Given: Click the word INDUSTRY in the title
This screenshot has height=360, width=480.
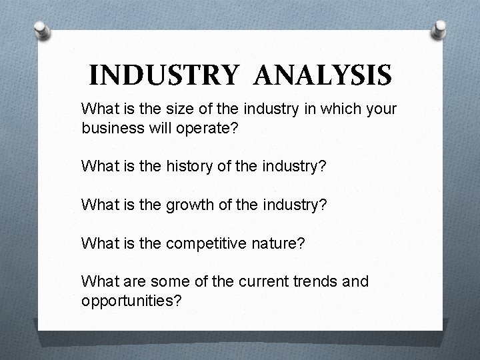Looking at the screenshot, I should click(163, 75).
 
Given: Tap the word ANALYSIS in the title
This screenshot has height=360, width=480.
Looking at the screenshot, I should click(323, 75).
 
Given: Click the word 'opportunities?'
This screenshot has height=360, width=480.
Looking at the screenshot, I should click(131, 300).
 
